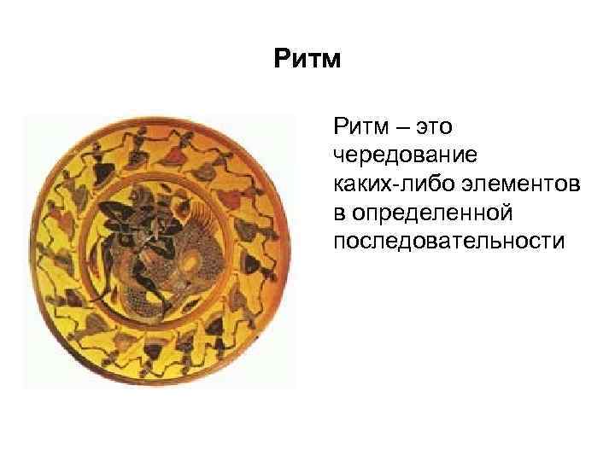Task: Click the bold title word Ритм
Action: (x=307, y=61)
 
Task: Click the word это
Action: (x=435, y=129)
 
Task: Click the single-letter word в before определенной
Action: (x=339, y=213)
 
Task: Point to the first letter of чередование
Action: (x=339, y=157)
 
